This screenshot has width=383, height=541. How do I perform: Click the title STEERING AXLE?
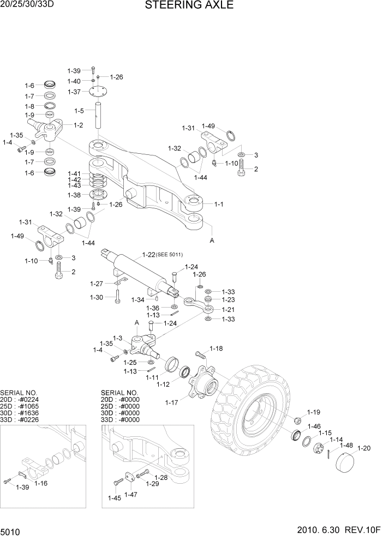click(x=189, y=6)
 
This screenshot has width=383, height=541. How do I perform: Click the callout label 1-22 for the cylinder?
click(x=148, y=255)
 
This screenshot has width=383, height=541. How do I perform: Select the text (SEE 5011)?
click(x=170, y=255)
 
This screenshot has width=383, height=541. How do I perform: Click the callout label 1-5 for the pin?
click(x=79, y=111)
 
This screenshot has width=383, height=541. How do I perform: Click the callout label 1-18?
click(x=216, y=348)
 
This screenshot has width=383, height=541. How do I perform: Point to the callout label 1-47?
click(x=131, y=495)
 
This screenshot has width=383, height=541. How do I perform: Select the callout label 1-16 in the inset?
click(x=41, y=483)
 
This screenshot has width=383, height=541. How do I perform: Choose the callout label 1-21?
click(x=228, y=309)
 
